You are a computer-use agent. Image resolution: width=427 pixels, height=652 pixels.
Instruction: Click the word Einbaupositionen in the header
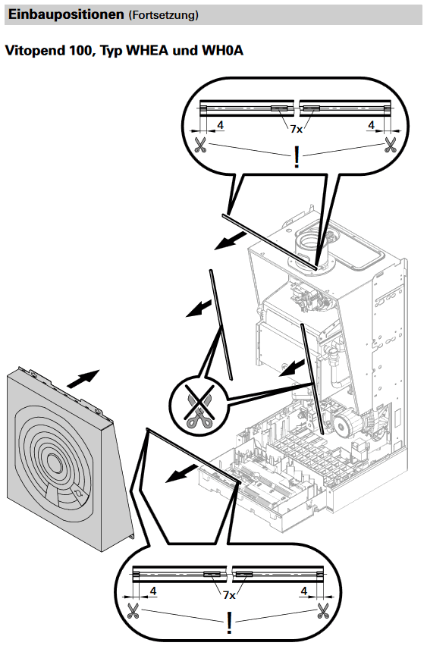(66, 14)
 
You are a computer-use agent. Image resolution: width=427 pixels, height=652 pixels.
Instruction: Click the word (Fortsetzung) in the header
(164, 15)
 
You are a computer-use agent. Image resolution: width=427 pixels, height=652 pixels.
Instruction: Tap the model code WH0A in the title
(223, 51)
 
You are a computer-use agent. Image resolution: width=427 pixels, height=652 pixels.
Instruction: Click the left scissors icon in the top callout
(200, 145)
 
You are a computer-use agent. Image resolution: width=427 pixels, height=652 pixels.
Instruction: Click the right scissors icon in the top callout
(391, 145)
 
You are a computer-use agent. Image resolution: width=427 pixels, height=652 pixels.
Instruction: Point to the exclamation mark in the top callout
(297, 157)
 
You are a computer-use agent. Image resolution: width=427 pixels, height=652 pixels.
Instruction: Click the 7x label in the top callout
(297, 129)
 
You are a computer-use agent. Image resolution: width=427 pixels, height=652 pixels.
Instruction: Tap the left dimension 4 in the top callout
(220, 125)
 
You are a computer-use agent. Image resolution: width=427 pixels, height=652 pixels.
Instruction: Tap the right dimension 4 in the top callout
(371, 125)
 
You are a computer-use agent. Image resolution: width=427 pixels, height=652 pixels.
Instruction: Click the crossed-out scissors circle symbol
(199, 406)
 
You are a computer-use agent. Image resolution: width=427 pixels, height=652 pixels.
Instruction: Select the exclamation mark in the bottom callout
(229, 623)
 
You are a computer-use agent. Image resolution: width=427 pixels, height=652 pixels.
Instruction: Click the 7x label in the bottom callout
(229, 595)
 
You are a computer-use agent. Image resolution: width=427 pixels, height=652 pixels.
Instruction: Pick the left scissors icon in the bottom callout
(133, 611)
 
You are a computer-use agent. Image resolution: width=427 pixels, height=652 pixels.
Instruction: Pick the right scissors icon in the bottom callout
(323, 611)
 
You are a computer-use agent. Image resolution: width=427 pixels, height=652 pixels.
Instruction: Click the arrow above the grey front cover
(83, 378)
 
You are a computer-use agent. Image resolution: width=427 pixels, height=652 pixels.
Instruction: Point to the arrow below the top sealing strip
(230, 241)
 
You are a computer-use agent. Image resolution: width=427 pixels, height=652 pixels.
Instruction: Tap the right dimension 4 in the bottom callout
(304, 591)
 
